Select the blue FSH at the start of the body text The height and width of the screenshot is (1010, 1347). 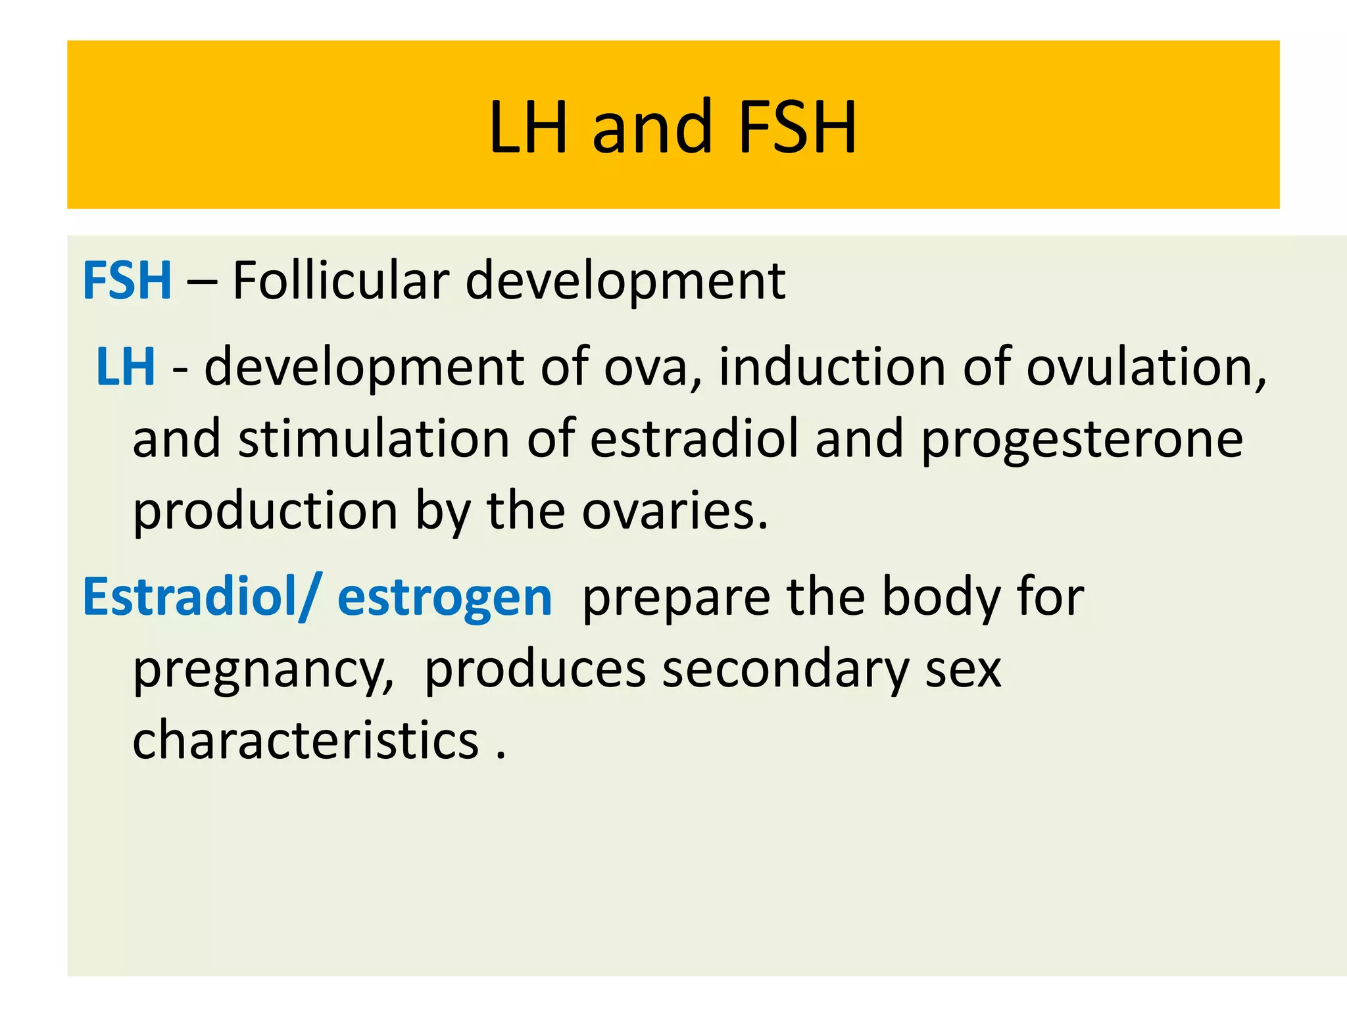click(127, 281)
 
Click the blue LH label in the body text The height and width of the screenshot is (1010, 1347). click(126, 366)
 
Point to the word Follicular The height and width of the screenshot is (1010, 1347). click(340, 281)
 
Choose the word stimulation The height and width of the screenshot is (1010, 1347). click(374, 439)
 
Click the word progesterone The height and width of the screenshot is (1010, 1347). click(1082, 440)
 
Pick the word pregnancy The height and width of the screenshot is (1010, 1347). click(262, 671)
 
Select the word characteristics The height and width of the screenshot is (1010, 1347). click(306, 740)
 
